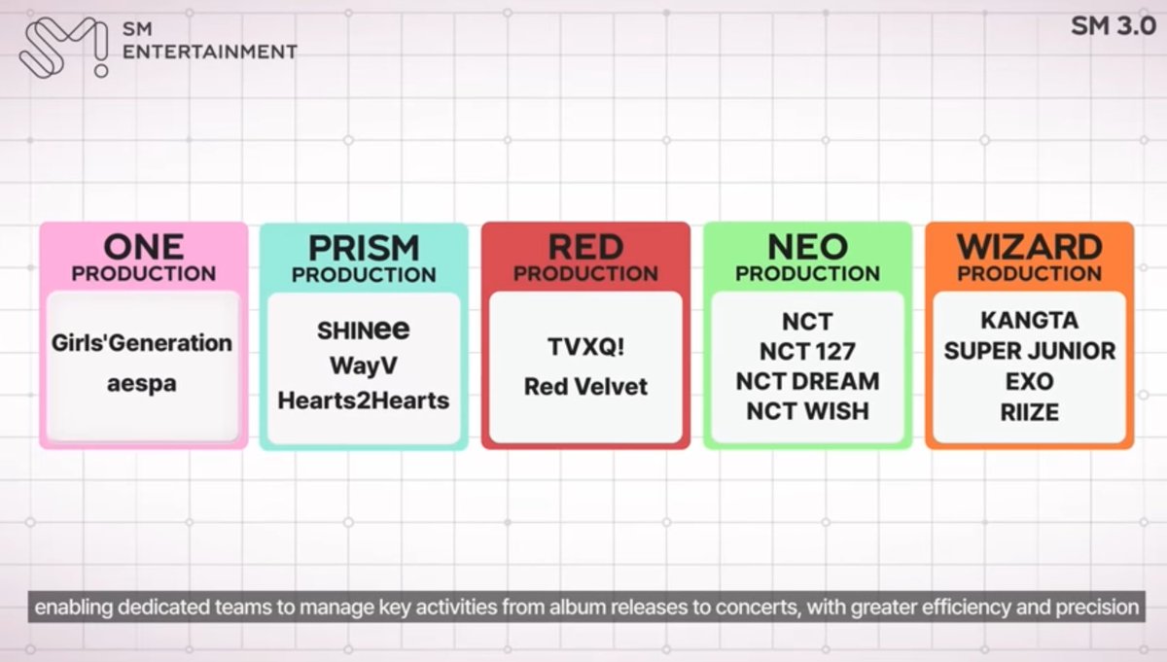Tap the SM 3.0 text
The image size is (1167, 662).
[1113, 26]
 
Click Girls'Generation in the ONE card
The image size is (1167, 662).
[143, 343]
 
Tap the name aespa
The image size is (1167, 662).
[143, 383]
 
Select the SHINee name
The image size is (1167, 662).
[364, 331]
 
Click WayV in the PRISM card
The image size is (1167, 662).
[364, 366]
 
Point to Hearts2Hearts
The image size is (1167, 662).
[364, 400]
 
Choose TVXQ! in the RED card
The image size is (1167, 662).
[585, 347]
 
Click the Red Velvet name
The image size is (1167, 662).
[585, 386]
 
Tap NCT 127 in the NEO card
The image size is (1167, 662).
[807, 351]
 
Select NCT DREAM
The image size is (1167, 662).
[807, 381]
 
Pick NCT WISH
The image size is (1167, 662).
[807, 411]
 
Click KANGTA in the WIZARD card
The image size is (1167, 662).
[1029, 321]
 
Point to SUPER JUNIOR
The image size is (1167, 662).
[1029, 351]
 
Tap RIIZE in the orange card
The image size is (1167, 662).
[1029, 412]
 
